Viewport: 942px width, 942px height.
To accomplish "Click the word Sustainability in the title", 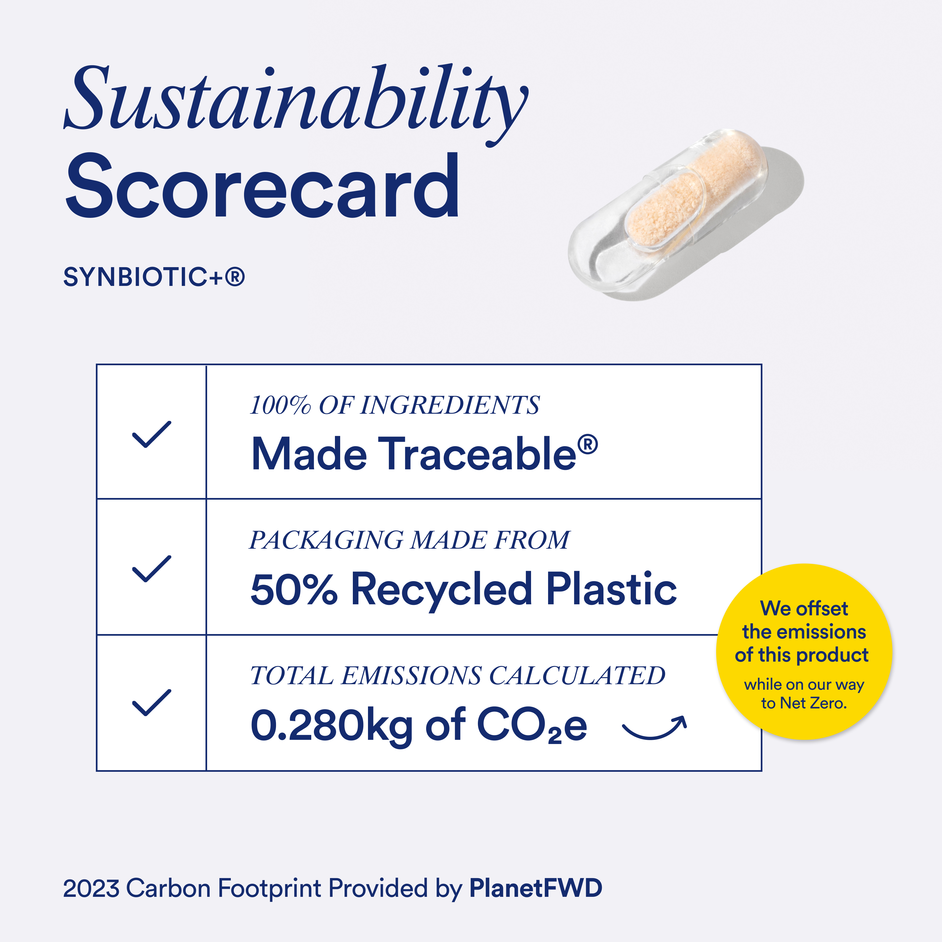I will click(x=295, y=100).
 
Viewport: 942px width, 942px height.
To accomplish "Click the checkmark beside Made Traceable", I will click(x=152, y=434).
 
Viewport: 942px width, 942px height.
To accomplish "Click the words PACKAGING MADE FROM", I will click(x=408, y=540).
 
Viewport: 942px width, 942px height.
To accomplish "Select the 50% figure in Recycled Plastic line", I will click(x=294, y=589).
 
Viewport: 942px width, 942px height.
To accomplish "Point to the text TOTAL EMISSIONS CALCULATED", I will click(x=457, y=676).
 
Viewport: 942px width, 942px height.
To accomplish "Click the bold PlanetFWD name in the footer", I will click(x=535, y=888).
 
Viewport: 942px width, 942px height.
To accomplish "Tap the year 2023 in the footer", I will click(x=91, y=888).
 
